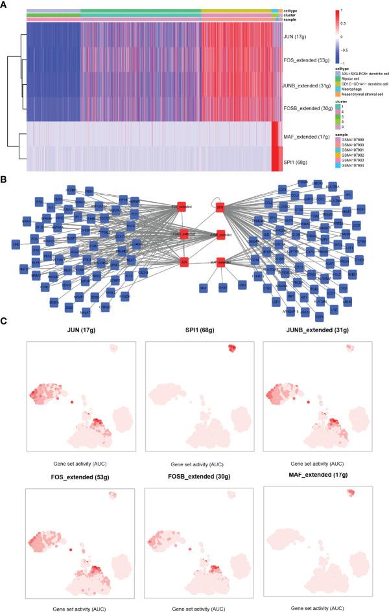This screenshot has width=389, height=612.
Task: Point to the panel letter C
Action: click(x=4, y=321)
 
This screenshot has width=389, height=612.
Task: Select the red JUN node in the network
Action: click(x=182, y=262)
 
